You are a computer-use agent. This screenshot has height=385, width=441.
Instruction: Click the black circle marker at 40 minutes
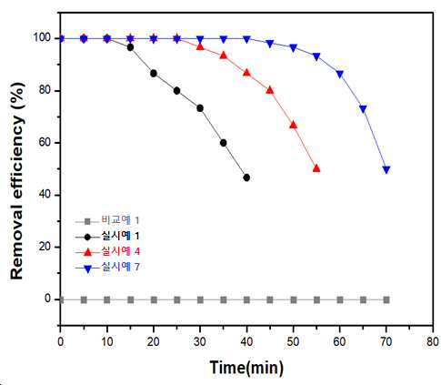pos(246,177)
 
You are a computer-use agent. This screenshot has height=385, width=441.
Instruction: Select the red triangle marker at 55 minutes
pos(316,168)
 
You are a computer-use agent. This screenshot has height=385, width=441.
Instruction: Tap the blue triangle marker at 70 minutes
pos(386,169)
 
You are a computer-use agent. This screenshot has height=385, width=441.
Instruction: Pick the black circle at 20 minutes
pos(154,74)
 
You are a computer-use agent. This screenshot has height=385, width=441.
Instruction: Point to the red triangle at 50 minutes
pos(293,125)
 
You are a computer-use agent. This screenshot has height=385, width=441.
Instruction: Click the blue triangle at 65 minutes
pos(363,109)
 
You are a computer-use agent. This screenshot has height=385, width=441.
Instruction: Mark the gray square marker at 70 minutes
pos(386,300)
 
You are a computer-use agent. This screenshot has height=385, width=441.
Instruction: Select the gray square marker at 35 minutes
pos(224,300)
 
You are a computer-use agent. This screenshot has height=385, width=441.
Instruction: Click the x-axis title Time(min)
pos(246,368)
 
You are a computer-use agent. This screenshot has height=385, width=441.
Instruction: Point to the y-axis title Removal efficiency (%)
pos(17,181)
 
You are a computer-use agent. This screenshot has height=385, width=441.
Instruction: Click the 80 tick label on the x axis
pos(433,342)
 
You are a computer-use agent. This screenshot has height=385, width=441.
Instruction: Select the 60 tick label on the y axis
pos(45,143)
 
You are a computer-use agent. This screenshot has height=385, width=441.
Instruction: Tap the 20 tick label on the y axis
pos(45,247)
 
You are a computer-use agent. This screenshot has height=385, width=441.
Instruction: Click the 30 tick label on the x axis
pos(200,342)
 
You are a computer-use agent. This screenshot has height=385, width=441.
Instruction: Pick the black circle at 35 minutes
pos(224,143)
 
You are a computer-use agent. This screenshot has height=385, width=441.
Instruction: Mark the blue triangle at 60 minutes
pos(340,75)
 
